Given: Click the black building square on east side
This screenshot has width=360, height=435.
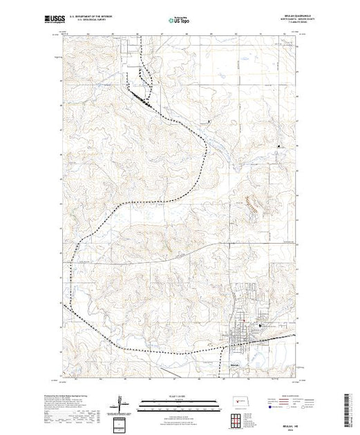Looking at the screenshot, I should pyautogui.click(x=279, y=146).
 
